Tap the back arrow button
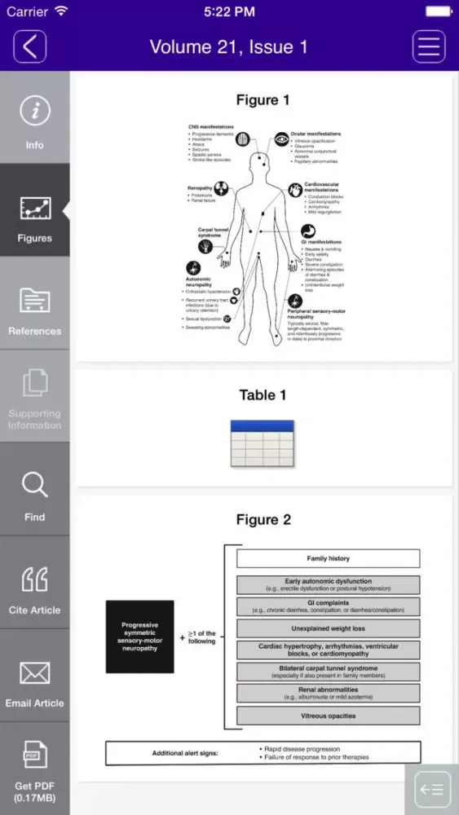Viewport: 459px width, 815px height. click(29, 46)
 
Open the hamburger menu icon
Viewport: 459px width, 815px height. click(429, 46)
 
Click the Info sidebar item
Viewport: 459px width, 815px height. click(34, 118)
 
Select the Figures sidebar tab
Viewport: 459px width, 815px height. click(34, 211)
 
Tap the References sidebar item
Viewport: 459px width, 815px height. click(34, 304)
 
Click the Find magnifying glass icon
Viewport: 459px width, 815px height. click(34, 486)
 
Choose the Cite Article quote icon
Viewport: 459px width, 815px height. click(34, 579)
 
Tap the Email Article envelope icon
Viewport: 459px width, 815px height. click(34, 673)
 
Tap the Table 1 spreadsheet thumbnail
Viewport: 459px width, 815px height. click(262, 443)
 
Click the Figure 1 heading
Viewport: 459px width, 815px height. click(263, 100)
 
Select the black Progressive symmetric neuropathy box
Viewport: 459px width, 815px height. click(139, 637)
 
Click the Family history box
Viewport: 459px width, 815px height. click(328, 558)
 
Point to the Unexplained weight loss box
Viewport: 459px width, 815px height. click(328, 628)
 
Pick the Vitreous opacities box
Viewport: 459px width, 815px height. click(328, 716)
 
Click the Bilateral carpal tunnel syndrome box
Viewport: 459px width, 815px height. click(328, 672)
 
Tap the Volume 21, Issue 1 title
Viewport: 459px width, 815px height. click(228, 46)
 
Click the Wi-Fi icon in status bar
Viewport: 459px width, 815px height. click(60, 11)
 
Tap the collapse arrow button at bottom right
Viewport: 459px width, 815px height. click(430, 789)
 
